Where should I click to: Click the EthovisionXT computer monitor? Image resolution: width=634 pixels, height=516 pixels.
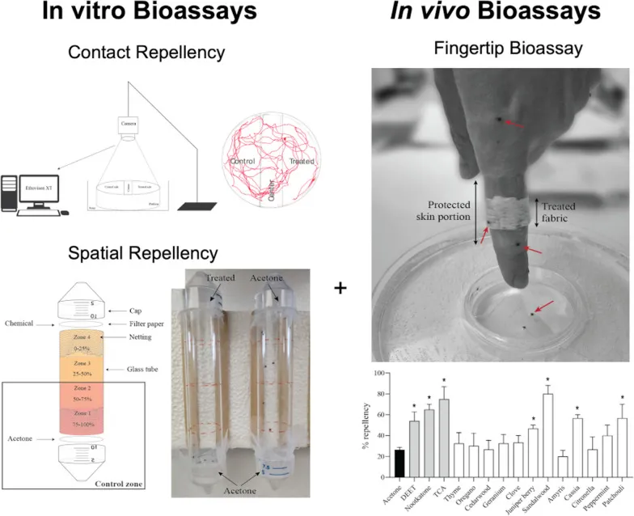(x=34, y=188)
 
